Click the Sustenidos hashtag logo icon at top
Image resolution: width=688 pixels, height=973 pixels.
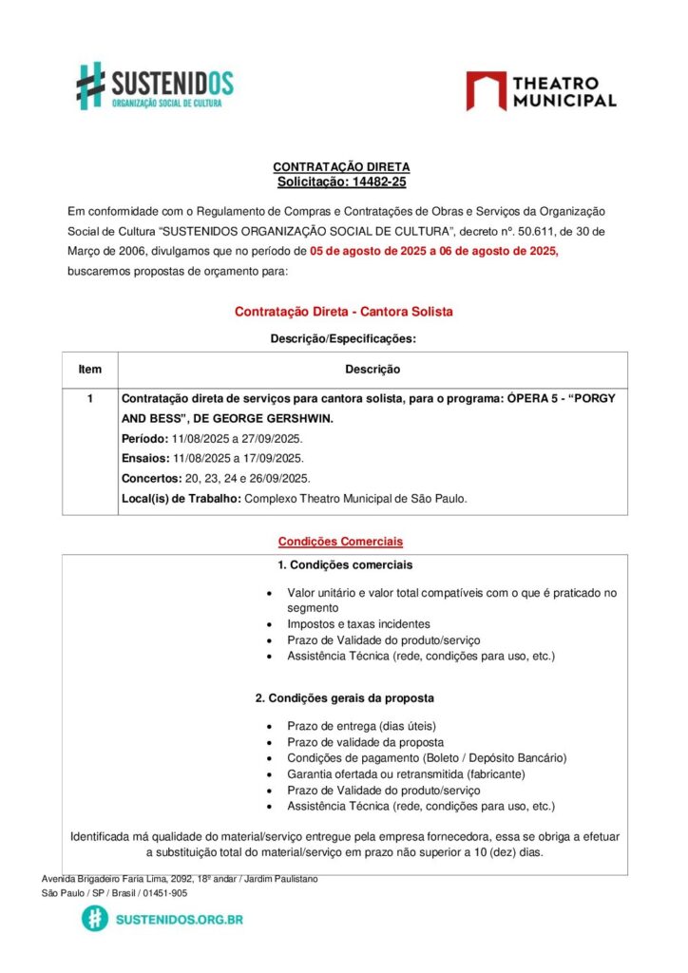click(90, 86)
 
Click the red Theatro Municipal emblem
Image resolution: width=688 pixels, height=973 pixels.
click(486, 91)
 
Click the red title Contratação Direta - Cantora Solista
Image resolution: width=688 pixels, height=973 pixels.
click(343, 312)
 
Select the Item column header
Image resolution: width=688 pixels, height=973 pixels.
click(90, 369)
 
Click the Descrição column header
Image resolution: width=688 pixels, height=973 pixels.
click(372, 369)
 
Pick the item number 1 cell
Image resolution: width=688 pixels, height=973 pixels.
click(90, 399)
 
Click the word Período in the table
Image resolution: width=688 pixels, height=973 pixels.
click(144, 439)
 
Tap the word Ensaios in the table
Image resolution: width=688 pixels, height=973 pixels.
click(144, 458)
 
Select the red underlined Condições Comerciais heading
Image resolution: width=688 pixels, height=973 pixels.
click(340, 542)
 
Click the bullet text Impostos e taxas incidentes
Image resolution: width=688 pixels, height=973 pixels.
click(358, 624)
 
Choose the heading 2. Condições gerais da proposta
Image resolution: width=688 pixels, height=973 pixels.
click(345, 698)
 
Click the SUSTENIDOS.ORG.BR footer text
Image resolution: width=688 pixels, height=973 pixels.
click(179, 920)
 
